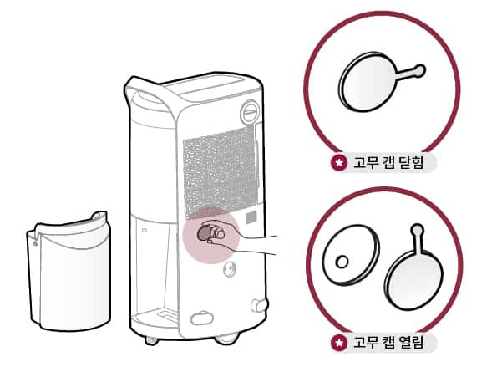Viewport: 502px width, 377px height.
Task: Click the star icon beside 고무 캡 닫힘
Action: pyautogui.click(x=339, y=163)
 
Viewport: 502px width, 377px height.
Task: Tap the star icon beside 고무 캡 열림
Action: pyautogui.click(x=339, y=343)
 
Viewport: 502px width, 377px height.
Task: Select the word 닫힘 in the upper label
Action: pyautogui.click(x=411, y=163)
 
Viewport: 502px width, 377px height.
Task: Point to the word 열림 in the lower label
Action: pyautogui.click(x=411, y=342)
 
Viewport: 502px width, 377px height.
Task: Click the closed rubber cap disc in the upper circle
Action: pyautogui.click(x=368, y=82)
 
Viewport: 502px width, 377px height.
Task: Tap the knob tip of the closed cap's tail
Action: pyautogui.click(x=419, y=70)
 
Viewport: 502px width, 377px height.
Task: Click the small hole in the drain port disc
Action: pyautogui.click(x=342, y=262)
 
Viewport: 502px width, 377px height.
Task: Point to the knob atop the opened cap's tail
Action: pyautogui.click(x=417, y=229)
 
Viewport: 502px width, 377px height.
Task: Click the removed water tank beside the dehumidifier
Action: pyautogui.click(x=68, y=272)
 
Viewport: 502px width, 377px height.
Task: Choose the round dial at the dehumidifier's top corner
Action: pyautogui.click(x=250, y=112)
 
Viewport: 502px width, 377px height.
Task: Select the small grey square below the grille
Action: pyautogui.click(x=251, y=218)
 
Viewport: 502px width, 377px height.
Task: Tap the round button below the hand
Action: pyautogui.click(x=230, y=268)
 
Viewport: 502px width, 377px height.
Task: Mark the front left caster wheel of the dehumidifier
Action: pyautogui.click(x=151, y=340)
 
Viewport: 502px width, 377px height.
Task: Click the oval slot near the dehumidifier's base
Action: pyautogui.click(x=201, y=318)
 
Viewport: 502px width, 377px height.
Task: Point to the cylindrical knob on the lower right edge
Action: pyautogui.click(x=259, y=305)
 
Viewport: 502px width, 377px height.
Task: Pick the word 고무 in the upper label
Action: pyautogui.click(x=362, y=163)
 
